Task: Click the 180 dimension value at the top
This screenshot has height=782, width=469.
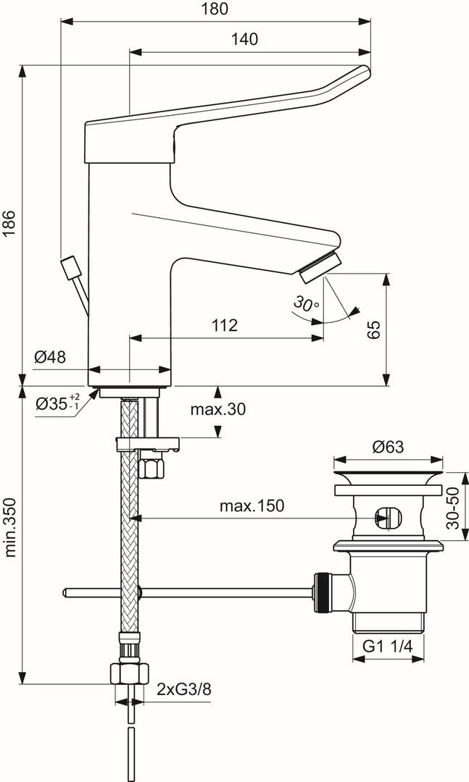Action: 215,9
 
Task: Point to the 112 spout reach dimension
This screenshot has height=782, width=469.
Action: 225,325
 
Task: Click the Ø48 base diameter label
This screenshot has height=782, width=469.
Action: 49,356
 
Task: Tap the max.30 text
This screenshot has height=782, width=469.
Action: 217,409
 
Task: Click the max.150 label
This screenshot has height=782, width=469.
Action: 252,505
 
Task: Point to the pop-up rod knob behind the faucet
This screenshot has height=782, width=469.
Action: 72,266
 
